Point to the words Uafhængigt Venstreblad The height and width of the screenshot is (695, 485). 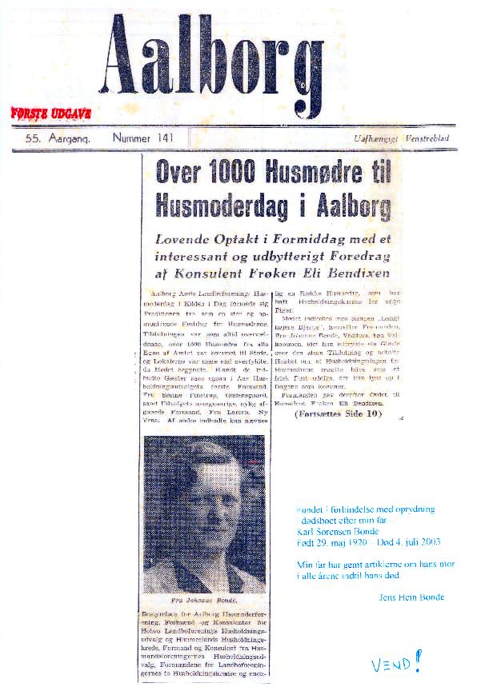click(403, 139)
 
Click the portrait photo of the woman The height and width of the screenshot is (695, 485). click(204, 512)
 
